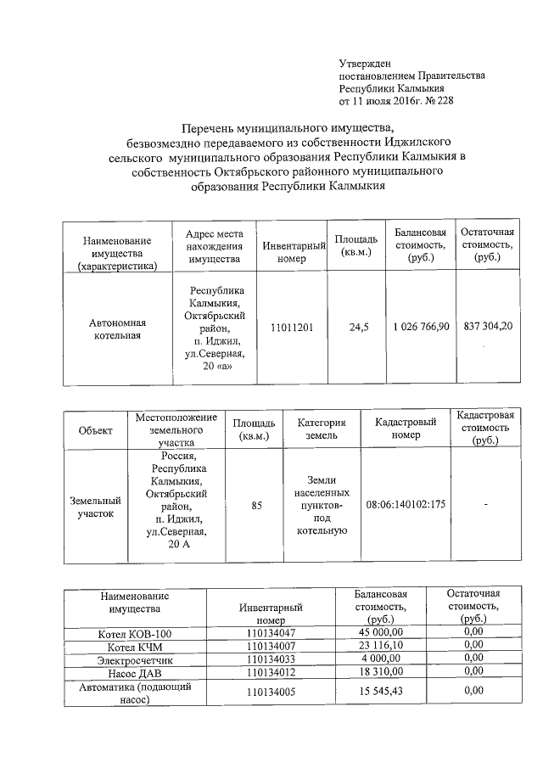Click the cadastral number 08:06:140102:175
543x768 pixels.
click(406, 505)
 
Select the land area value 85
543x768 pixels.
click(256, 505)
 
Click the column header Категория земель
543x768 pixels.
click(321, 429)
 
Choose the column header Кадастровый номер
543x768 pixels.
click(406, 429)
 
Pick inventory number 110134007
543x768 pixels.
click(271, 647)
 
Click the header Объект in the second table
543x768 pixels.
click(95, 430)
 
